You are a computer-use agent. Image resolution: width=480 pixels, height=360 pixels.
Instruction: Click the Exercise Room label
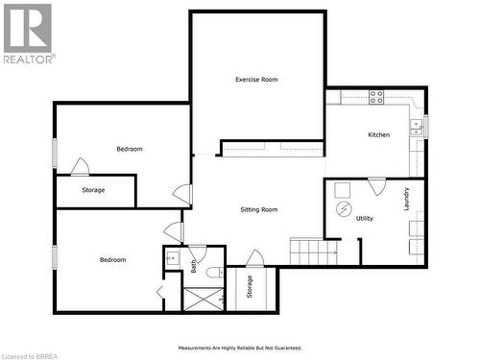[x=256, y=80]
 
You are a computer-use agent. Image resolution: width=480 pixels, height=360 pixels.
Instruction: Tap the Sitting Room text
[x=258, y=209]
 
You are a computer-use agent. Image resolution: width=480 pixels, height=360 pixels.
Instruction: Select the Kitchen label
[x=379, y=134]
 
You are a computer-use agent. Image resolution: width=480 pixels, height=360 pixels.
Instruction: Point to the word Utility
[x=365, y=219]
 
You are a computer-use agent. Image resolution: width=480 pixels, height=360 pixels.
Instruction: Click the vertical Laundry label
[x=407, y=199]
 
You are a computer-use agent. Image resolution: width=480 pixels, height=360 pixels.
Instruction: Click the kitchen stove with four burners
[x=376, y=96]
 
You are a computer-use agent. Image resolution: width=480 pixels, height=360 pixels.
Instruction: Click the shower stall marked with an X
[x=204, y=299]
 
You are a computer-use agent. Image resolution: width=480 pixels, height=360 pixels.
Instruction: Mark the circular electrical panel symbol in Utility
[x=343, y=208]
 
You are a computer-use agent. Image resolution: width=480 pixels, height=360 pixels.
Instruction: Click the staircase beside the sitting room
[x=314, y=252]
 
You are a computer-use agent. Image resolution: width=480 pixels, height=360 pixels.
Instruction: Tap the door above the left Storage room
[x=80, y=167]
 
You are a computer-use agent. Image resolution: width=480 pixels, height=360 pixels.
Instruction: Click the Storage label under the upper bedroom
[x=93, y=190]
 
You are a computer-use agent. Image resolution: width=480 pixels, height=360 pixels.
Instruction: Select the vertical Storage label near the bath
[x=250, y=287]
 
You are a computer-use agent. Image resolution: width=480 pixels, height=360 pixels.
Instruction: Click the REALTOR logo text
[x=29, y=58]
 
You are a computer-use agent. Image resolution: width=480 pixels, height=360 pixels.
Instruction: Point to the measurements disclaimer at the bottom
[x=239, y=348]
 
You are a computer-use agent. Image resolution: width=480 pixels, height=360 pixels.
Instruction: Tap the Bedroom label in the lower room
[x=113, y=259]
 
